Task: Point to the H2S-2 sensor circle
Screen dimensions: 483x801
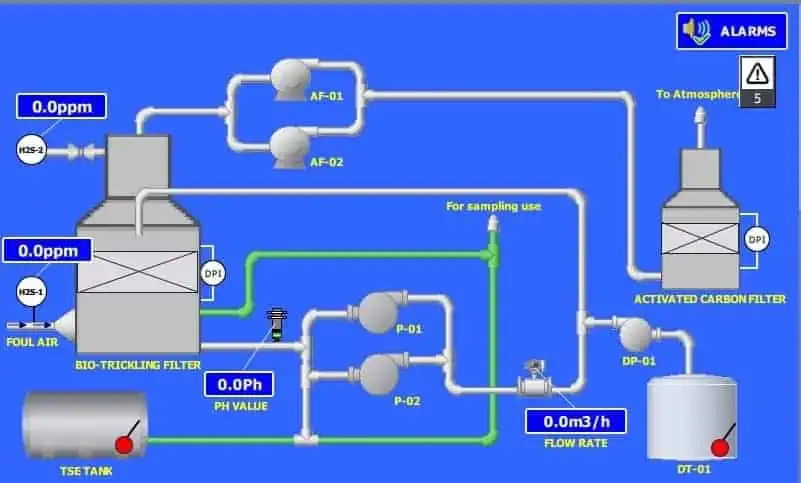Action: click(x=31, y=151)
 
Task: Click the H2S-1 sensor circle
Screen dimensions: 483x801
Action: click(x=31, y=291)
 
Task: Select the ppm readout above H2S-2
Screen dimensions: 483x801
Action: click(x=61, y=106)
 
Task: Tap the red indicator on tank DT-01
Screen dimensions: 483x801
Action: click(x=717, y=447)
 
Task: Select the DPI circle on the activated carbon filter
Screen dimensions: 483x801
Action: click(x=757, y=239)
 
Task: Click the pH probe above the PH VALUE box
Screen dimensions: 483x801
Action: click(x=277, y=325)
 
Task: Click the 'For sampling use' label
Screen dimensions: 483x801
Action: click(x=493, y=206)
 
